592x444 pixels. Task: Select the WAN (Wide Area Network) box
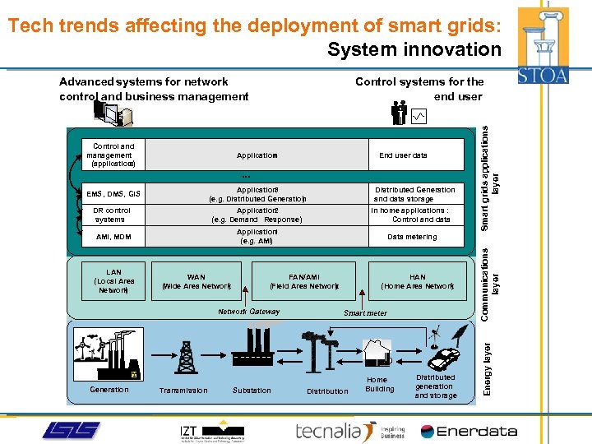[197, 282]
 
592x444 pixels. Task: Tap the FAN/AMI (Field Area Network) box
[304, 282]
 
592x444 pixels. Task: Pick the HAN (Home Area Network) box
[418, 282]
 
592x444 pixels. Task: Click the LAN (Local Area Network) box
[114, 281]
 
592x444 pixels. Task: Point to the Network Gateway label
[249, 312]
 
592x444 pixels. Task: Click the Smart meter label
[365, 313]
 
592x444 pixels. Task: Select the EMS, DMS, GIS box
[113, 195]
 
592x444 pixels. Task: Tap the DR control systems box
[112, 215]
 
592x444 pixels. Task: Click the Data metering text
[412, 237]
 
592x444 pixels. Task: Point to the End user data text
[403, 155]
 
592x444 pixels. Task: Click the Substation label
[252, 391]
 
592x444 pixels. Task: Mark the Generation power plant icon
[108, 354]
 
